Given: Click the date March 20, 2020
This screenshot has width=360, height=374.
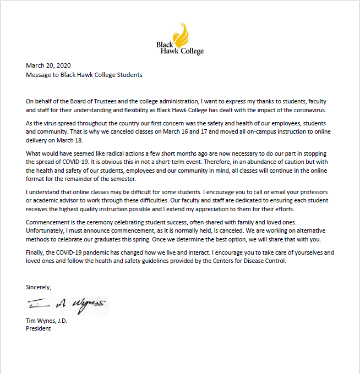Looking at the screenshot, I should pos(48,65).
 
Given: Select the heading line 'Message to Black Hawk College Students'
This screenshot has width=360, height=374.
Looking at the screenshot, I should pos(84,75).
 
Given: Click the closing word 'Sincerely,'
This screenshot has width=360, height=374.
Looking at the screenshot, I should pos(39,287).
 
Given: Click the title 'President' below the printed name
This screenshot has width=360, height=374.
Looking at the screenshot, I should pos(39,328).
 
